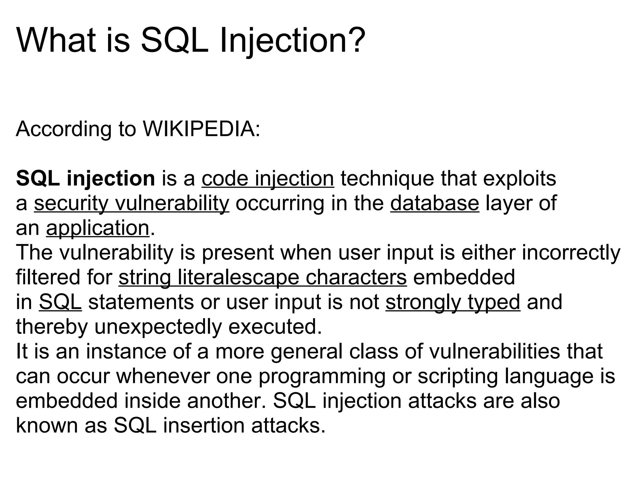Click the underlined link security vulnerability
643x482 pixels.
point(132,203)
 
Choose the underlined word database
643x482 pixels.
point(435,203)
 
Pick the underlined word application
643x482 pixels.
point(97,228)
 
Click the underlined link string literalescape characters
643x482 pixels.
point(262,277)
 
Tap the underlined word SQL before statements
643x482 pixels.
point(60,302)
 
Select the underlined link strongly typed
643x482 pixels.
point(453,302)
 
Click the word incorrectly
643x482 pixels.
point(571,253)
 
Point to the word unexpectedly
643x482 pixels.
point(158,327)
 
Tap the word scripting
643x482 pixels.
point(457,376)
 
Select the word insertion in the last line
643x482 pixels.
point(204,426)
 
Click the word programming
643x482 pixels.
point(321,376)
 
